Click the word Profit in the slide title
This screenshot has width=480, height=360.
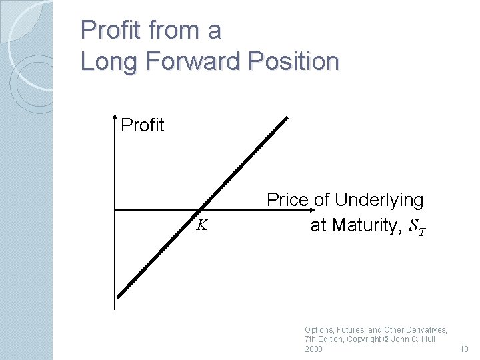pyautogui.click(x=109, y=30)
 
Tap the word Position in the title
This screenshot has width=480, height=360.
pyautogui.click(x=295, y=61)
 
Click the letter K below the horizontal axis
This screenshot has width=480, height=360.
pyautogui.click(x=201, y=225)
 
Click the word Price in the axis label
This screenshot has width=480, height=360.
pyautogui.click(x=288, y=200)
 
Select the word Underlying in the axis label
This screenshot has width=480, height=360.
pyautogui.click(x=379, y=200)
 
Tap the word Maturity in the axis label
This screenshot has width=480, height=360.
pyautogui.click(x=365, y=225)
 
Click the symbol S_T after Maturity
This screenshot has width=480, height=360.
pyautogui.click(x=417, y=227)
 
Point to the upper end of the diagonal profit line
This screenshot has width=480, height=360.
pyautogui.click(x=287, y=119)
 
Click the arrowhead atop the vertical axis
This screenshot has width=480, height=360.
pyautogui.click(x=115, y=120)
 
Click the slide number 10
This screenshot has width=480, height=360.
pyautogui.click(x=465, y=349)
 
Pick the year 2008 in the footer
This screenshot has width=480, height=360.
pyautogui.click(x=313, y=349)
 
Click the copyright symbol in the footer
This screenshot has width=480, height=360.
pyautogui.click(x=386, y=339)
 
